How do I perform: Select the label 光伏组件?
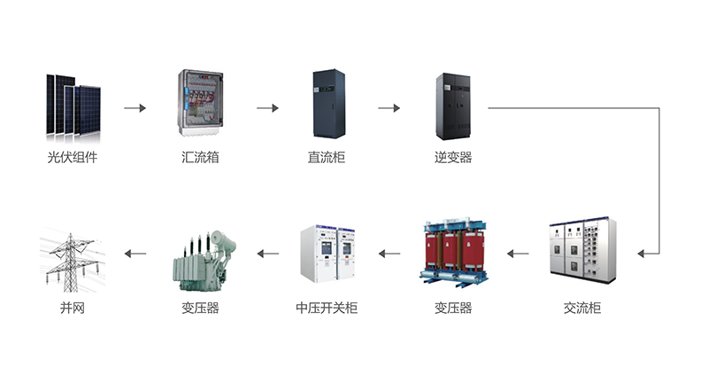pyautogui.click(x=73, y=158)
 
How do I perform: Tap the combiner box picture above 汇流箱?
pyautogui.click(x=200, y=103)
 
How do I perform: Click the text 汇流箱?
pyautogui.click(x=200, y=158)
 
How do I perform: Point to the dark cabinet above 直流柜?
pyautogui.click(x=329, y=103)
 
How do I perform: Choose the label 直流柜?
pyautogui.click(x=327, y=158)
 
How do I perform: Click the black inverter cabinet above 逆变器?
pyautogui.click(x=453, y=106)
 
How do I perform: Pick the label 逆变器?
pyautogui.click(x=453, y=158)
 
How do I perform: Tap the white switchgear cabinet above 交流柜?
pyautogui.click(x=583, y=250)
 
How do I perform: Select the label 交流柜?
pyautogui.click(x=582, y=308)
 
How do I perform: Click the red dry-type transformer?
pyautogui.click(x=454, y=252)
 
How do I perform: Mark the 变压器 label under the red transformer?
pyautogui.click(x=453, y=308)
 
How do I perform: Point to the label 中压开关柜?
pyautogui.click(x=327, y=308)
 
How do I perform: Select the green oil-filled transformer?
pyautogui.click(x=204, y=261)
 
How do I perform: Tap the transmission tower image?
pyautogui.click(x=73, y=260)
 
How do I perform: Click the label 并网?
pyautogui.click(x=73, y=308)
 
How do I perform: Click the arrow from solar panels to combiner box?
pyautogui.click(x=135, y=108)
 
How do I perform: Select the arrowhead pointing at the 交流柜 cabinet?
pyautogui.click(x=640, y=254)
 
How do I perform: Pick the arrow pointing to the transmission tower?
pyautogui.click(x=135, y=254)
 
